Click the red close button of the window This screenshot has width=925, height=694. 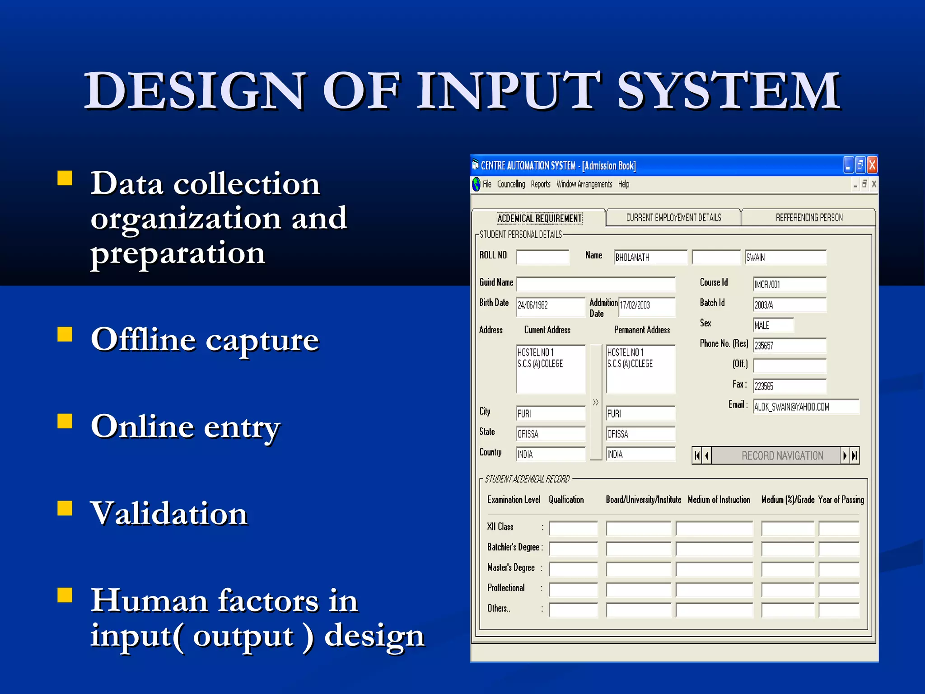(x=872, y=165)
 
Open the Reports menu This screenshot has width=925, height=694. (x=540, y=184)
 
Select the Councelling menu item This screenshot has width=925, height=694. (x=511, y=184)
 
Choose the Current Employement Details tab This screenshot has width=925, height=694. (x=673, y=218)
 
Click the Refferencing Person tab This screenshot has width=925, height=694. (x=809, y=218)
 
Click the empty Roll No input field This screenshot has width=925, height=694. (x=542, y=258)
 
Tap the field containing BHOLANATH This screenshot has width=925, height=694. (x=650, y=258)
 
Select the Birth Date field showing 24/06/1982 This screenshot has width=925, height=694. (x=551, y=305)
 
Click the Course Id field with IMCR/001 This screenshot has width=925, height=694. (x=790, y=285)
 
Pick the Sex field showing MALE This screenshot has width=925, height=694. (x=773, y=325)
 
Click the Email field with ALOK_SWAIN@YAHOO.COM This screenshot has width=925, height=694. (x=806, y=407)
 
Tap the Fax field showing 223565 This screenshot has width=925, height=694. (x=790, y=386)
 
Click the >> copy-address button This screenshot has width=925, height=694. (x=596, y=402)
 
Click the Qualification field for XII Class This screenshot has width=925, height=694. (x=573, y=528)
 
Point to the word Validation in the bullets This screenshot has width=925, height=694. (x=169, y=514)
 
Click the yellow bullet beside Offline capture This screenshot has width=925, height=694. (x=65, y=335)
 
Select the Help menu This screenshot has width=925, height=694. (x=623, y=184)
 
